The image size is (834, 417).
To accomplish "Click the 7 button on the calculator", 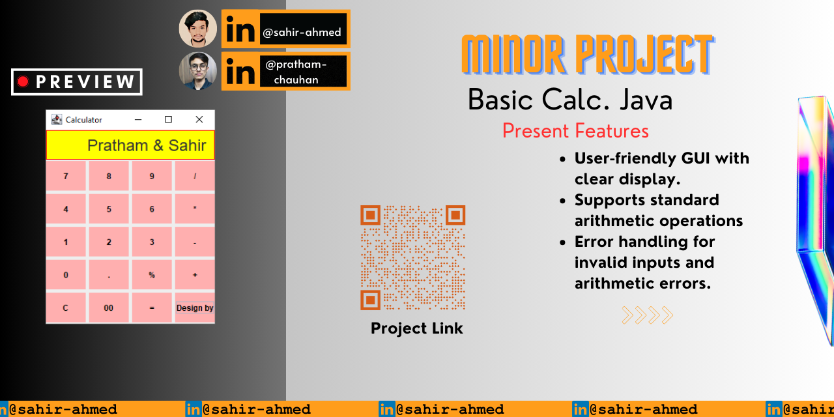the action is coord(66,176).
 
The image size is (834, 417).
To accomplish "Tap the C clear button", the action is coord(66,308).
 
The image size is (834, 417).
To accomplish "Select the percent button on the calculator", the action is coord(152,275).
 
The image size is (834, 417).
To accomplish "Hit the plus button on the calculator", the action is coord(195,275).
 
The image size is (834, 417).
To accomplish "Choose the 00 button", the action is coord(109,308).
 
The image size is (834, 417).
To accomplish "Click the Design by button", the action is coord(195,308).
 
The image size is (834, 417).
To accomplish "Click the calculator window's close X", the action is coord(199,119).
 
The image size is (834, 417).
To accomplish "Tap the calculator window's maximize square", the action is coord(168,119).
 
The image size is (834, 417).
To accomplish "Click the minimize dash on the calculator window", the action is coord(138,119).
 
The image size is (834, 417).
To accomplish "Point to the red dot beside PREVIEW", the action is coord(23,81).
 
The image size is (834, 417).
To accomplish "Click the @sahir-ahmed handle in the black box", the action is coord(302,33).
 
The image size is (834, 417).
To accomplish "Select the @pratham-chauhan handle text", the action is coord(296,72).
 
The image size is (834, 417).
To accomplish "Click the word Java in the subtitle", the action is coord(646,100).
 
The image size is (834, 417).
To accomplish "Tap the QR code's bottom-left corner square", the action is coord(371,300).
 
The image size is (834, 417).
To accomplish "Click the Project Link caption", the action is coord(416,328).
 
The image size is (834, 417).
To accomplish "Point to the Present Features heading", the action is coord(575,131).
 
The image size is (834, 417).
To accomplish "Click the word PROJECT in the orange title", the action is coord(644,55).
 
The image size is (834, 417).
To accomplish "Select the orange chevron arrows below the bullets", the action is coord(648,315).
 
